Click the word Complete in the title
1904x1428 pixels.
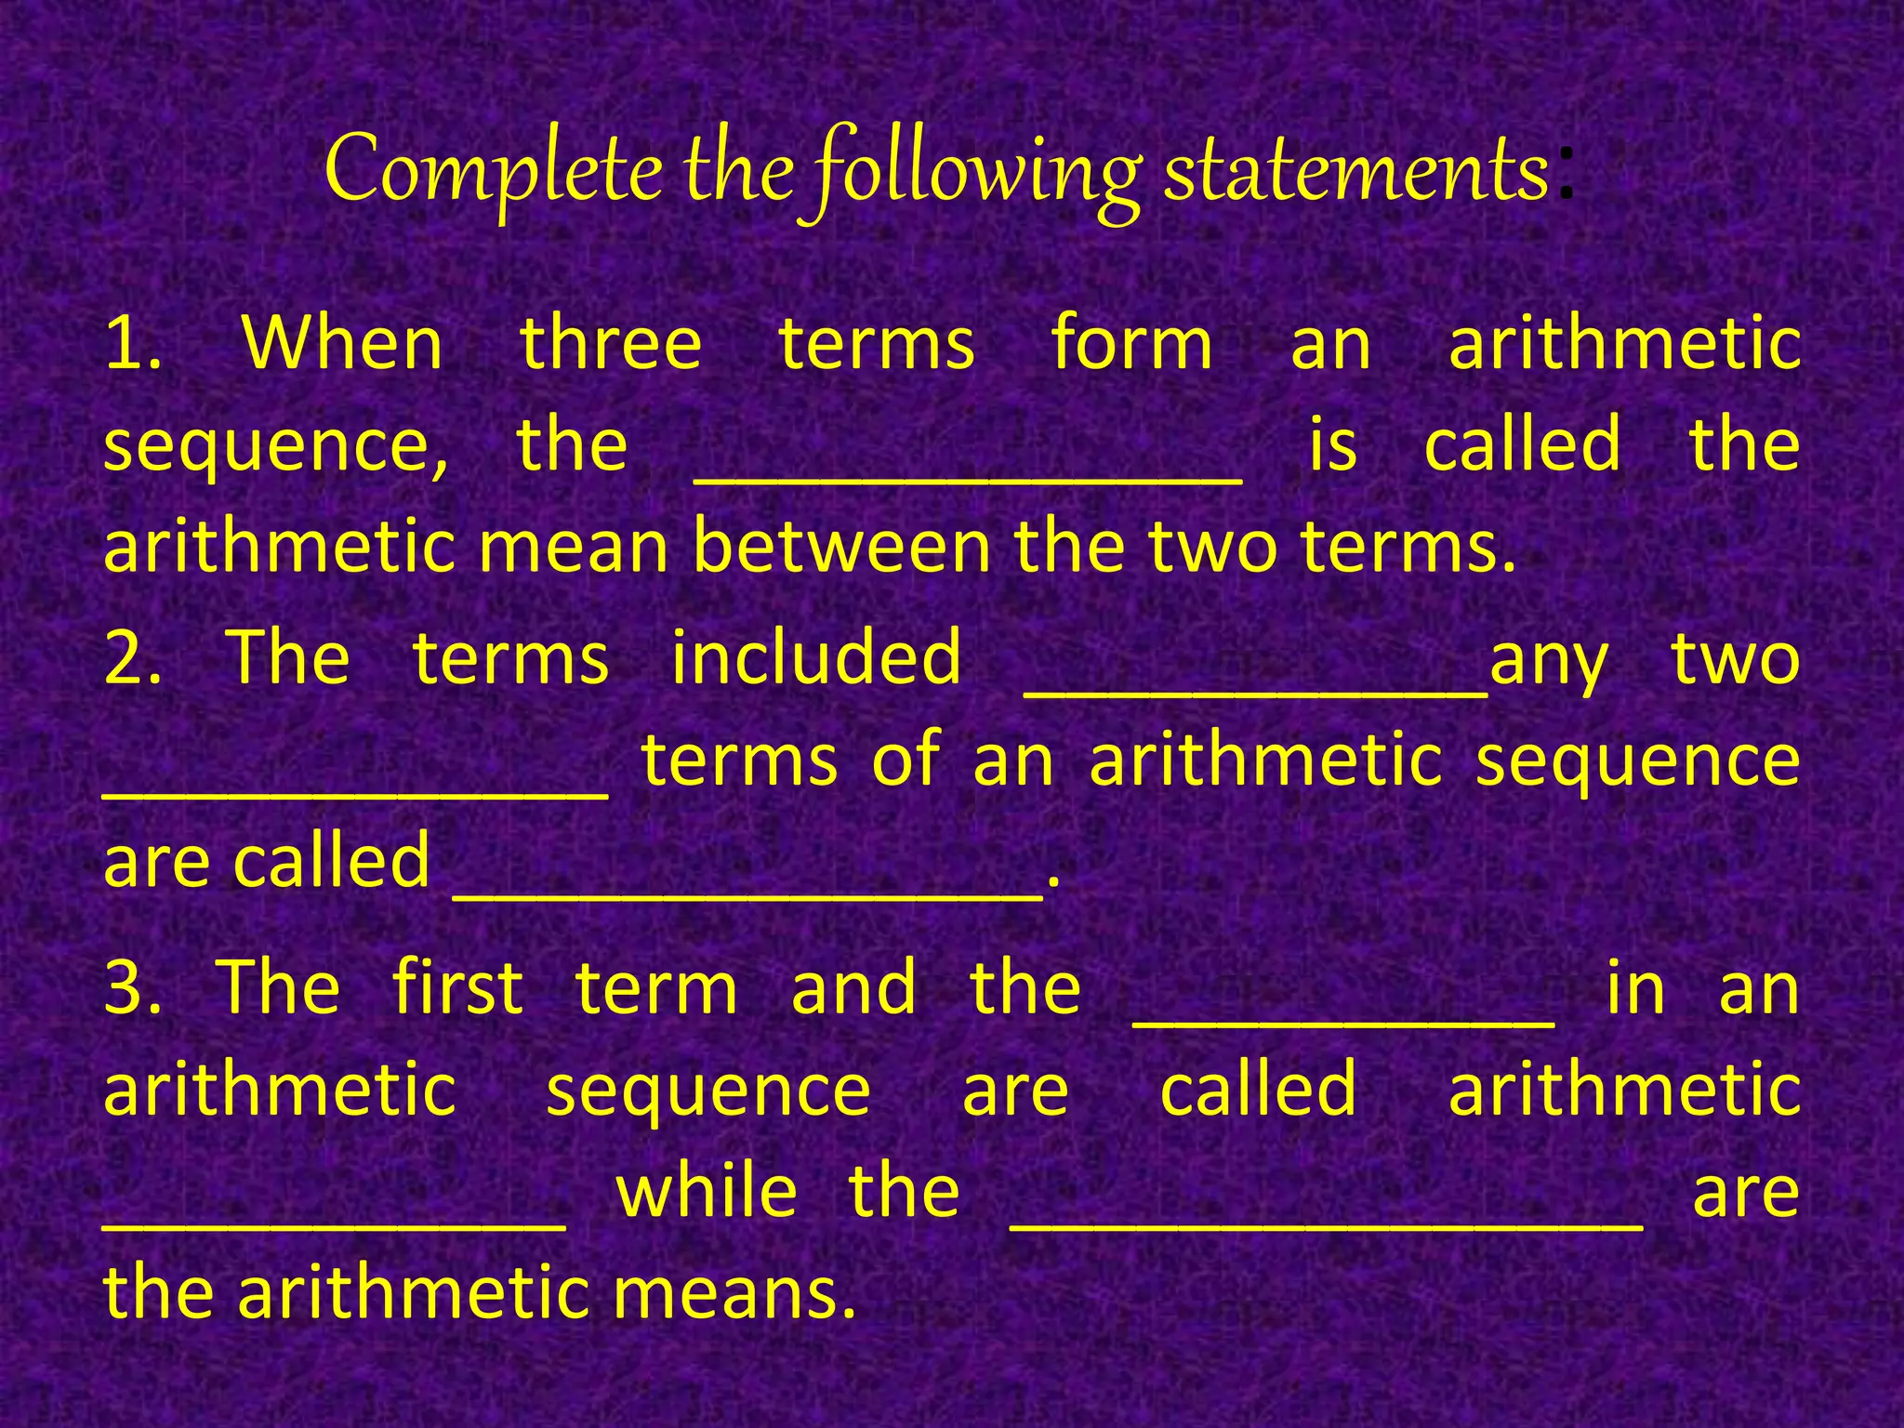coord(494,169)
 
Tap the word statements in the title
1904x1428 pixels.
coord(1356,171)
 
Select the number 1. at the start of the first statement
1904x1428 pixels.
coord(133,343)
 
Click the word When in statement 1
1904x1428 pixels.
coord(343,343)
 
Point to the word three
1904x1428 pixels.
coord(610,343)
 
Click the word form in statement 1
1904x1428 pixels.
coord(1131,343)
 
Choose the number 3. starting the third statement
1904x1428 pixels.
coord(133,986)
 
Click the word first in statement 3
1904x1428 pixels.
coord(457,986)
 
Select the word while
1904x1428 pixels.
coord(707,1191)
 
